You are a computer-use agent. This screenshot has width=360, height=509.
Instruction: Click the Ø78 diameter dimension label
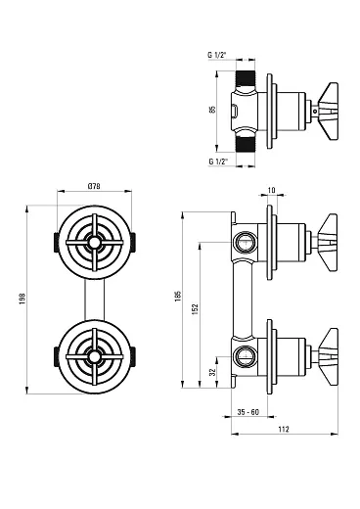pyautogui.click(x=94, y=186)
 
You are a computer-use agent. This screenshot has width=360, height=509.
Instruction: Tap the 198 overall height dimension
pyautogui.click(x=22, y=299)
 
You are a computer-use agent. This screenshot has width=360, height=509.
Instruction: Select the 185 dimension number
pyautogui.click(x=178, y=296)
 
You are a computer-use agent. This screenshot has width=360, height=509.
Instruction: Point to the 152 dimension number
pyautogui.click(x=195, y=309)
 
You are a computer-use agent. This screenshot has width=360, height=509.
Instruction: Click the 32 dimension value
pyautogui.click(x=212, y=372)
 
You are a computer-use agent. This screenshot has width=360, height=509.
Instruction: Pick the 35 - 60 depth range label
pyautogui.click(x=248, y=412)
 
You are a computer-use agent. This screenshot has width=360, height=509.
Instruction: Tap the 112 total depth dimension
pyautogui.click(x=284, y=430)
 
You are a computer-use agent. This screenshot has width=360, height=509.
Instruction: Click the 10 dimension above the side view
pyautogui.click(x=272, y=190)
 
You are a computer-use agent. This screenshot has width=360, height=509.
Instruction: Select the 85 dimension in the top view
pyautogui.click(x=212, y=110)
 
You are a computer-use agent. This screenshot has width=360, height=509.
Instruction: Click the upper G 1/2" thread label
pyautogui.click(x=217, y=55)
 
